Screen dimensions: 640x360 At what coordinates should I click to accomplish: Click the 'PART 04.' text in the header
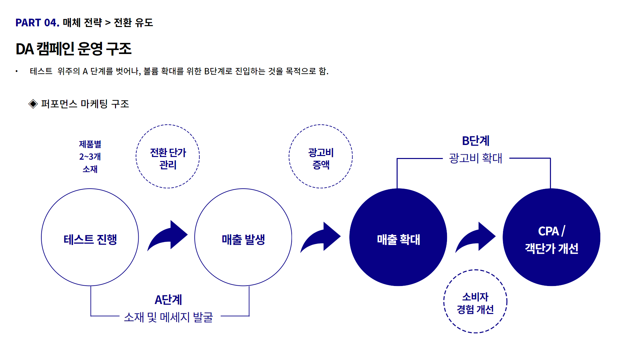37,23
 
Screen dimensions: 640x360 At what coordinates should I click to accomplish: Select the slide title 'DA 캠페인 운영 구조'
74,49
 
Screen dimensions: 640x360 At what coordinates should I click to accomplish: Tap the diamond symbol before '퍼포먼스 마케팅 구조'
33,104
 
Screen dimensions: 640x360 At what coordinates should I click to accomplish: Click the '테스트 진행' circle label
90,239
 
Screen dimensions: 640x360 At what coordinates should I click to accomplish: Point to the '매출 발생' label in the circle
243,239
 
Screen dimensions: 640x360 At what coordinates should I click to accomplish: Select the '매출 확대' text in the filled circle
398,239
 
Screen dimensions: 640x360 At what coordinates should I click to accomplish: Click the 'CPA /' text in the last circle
552,231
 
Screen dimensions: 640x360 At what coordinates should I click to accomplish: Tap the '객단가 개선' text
552,248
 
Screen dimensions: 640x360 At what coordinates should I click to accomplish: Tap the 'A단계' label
168,300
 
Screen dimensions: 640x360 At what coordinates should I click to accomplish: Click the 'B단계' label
476,141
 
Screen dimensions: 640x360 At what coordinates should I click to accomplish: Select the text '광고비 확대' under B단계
476,158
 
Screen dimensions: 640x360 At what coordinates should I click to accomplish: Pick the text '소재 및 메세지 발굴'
168,317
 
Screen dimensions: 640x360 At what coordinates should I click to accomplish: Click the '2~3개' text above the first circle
90,157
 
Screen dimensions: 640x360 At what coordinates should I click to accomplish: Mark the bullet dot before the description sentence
16,71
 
